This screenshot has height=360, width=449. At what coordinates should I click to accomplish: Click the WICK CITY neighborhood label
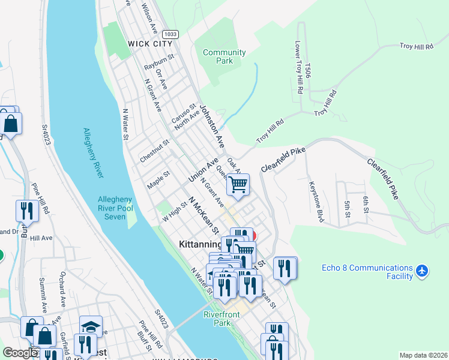pyautogui.click(x=150, y=44)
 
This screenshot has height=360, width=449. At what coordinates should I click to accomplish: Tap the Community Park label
pyautogui.click(x=224, y=57)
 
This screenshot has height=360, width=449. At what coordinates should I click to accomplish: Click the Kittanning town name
pyautogui.click(x=200, y=245)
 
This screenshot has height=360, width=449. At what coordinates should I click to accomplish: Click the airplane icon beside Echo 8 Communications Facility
pyautogui.click(x=423, y=272)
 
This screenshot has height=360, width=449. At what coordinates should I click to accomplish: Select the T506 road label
pyautogui.click(x=308, y=71)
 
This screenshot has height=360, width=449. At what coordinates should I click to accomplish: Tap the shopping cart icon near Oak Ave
pyautogui.click(x=238, y=187)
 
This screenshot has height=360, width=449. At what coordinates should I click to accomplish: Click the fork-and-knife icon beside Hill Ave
pyautogui.click(x=26, y=213)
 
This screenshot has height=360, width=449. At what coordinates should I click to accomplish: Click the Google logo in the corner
pyautogui.click(x=20, y=353)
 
